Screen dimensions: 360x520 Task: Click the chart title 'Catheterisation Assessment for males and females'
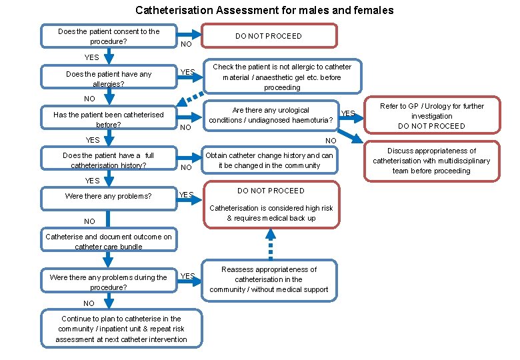coord(264,10)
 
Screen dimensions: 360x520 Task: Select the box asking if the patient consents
coord(109,36)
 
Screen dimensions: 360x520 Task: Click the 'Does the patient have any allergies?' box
coord(109,79)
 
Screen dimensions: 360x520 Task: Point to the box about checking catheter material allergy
coord(282,77)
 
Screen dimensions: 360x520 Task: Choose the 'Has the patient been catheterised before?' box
coord(109,119)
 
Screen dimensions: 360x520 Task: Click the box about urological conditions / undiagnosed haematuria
coord(271,115)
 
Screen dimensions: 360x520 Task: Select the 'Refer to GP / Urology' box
coord(431,115)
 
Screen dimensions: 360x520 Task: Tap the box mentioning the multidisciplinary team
coord(431,161)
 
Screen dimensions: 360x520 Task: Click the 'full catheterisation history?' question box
coord(109,161)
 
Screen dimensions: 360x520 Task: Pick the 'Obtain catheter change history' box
coord(269,160)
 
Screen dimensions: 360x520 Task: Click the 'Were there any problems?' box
coord(109,196)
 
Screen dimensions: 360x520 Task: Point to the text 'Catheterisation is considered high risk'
coord(271,208)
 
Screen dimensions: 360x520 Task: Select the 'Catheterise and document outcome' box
coord(109,241)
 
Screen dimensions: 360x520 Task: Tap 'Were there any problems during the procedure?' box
coord(109,282)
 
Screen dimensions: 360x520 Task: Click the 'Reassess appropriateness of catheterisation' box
coord(269,279)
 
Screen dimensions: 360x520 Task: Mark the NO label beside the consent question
coord(187,45)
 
